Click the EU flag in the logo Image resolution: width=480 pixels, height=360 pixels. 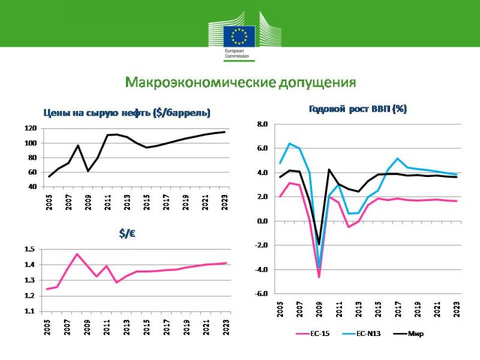click(x=239, y=36)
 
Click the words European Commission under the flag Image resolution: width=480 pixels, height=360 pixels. click(x=236, y=53)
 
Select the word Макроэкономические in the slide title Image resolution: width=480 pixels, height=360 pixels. click(x=200, y=82)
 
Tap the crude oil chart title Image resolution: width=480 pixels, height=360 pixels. click(x=127, y=113)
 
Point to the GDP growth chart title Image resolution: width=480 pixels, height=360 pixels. click(x=358, y=109)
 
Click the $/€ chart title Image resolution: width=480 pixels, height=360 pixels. click(x=127, y=234)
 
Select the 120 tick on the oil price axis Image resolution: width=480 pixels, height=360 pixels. click(x=31, y=128)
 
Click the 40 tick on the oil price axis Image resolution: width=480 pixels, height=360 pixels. click(x=32, y=187)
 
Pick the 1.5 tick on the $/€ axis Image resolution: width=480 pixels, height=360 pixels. click(x=29, y=249)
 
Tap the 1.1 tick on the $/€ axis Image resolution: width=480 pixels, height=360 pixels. click(x=29, y=311)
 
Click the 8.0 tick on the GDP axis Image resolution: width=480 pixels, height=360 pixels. click(x=262, y=124)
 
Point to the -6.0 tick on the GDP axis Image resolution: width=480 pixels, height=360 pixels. click(x=261, y=293)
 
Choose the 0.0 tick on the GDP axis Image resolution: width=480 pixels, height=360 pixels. click(x=262, y=221)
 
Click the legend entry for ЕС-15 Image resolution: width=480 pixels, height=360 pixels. click(x=313, y=334)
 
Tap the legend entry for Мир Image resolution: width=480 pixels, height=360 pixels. click(x=409, y=334)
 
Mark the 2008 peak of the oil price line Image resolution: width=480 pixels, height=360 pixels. click(x=78, y=145)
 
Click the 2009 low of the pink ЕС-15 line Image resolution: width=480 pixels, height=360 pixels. click(x=319, y=277)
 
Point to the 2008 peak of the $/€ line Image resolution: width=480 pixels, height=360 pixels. click(x=77, y=254)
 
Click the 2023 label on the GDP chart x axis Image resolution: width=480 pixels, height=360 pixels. click(x=457, y=309)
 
